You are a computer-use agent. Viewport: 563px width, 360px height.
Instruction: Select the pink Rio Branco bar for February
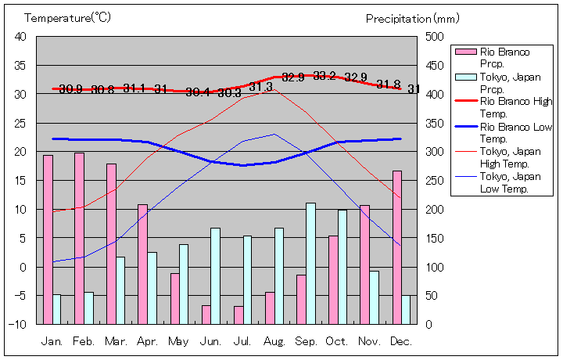click(x=79, y=238)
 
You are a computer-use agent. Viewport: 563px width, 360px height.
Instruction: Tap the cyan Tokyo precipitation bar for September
click(x=310, y=263)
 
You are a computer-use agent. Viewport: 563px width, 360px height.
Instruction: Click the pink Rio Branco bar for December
click(x=397, y=247)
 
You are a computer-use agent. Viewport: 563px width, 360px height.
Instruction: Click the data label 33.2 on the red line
click(x=325, y=76)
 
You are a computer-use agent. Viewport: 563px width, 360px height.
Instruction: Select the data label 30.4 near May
click(x=197, y=92)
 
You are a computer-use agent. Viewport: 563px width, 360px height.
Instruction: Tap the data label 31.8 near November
click(x=388, y=85)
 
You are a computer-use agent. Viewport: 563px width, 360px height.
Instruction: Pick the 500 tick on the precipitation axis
click(x=436, y=36)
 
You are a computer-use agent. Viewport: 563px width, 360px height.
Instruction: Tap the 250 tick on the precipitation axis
click(x=436, y=180)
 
